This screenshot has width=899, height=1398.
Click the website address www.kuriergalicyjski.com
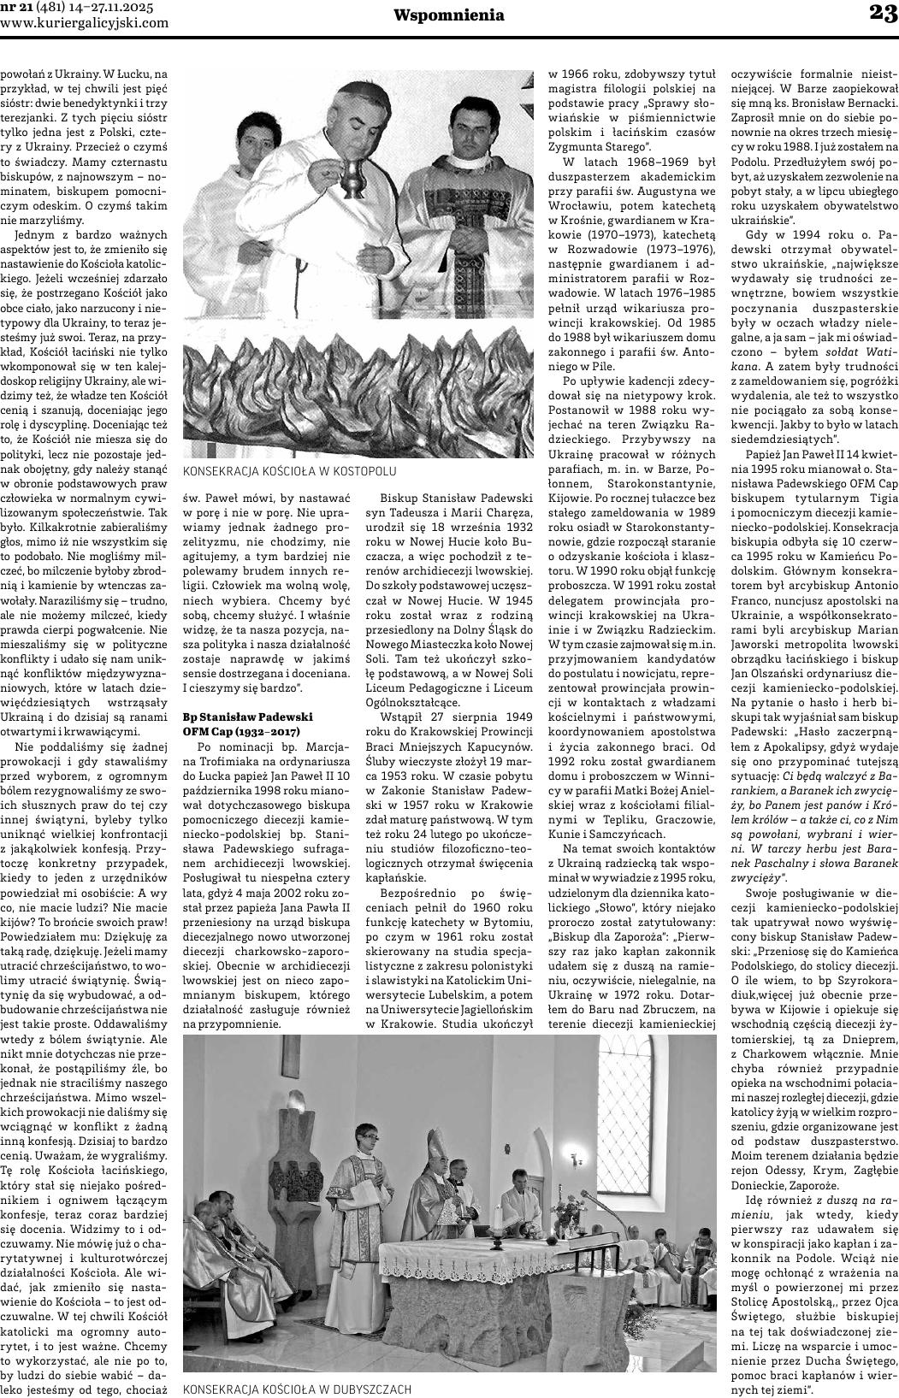(85, 23)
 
